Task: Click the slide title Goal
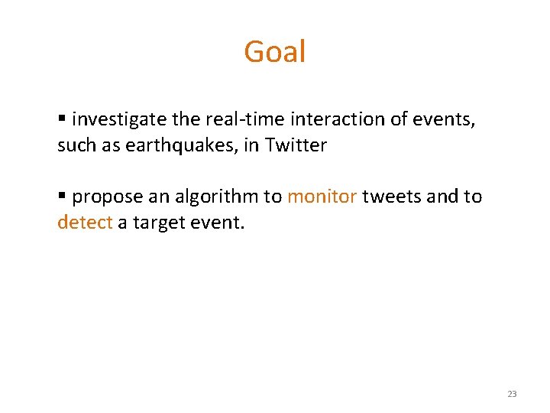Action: [x=274, y=52]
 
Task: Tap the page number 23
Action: [x=511, y=394]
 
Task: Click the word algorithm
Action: [x=217, y=197]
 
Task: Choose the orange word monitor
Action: [x=322, y=197]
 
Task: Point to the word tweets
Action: [x=392, y=197]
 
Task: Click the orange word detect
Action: [x=85, y=223]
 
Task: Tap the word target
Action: [x=158, y=223]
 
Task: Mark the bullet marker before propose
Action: [x=62, y=197]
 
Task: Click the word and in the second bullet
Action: [x=442, y=197]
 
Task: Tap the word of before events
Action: [x=404, y=120]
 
